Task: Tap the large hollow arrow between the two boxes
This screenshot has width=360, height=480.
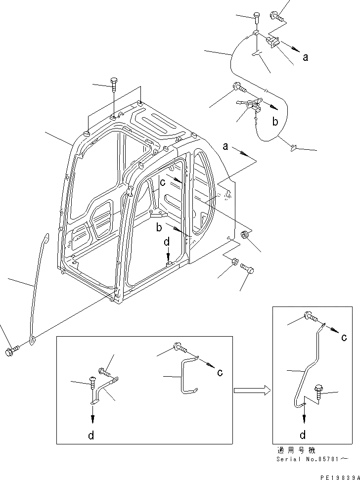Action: [x=252, y=391]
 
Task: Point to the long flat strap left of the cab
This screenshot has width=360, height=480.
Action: [x=38, y=287]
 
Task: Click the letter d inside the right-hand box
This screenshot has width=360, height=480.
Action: [x=303, y=435]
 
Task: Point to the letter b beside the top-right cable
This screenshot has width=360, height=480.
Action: [x=276, y=121]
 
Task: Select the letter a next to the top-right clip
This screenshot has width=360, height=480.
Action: [x=306, y=57]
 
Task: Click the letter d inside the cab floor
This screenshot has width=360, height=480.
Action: [x=167, y=243]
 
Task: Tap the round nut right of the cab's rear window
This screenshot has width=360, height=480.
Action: [x=245, y=235]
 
